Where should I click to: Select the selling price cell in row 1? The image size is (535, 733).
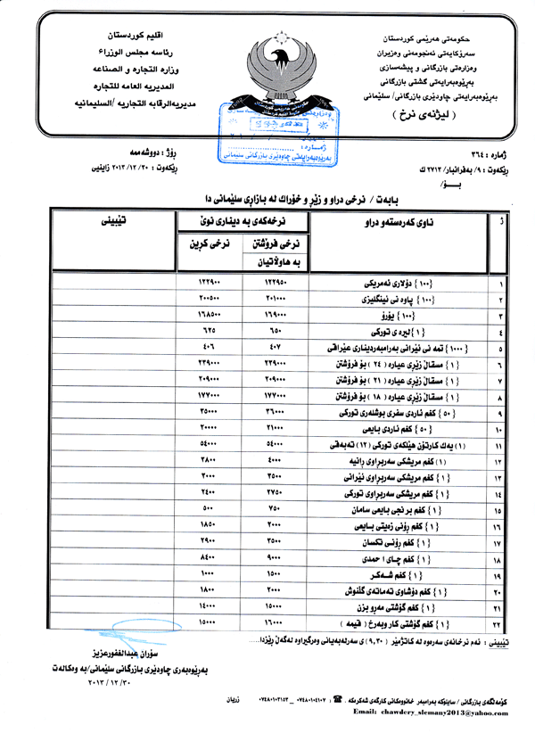point(274,284)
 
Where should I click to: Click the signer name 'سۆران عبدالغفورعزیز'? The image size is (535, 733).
point(111,655)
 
